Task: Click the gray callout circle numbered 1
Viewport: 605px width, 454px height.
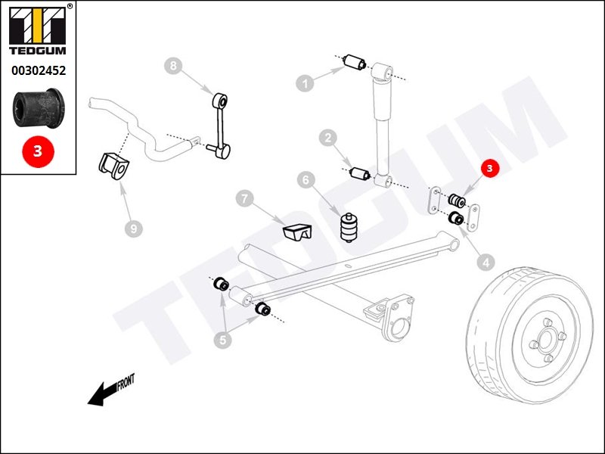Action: (306, 83)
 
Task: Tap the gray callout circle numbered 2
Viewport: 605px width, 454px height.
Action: (327, 138)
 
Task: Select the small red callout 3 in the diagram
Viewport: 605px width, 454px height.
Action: (490, 169)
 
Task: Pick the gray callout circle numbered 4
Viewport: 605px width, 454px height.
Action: (486, 263)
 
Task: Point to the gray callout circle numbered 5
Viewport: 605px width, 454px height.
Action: (222, 340)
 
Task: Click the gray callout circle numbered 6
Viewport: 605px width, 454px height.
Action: (306, 180)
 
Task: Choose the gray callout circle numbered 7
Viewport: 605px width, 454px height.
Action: (244, 200)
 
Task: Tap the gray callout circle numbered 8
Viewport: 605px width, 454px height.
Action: (173, 67)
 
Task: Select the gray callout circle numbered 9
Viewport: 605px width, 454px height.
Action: (134, 227)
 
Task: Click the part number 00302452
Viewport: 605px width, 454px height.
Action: (38, 71)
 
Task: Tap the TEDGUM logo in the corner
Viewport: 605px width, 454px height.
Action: (38, 30)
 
